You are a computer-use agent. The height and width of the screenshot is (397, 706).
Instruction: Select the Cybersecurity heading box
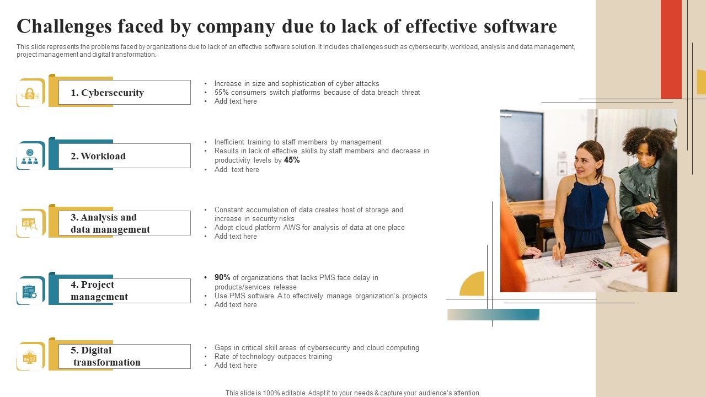point(124,93)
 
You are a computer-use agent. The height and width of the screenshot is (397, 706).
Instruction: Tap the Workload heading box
point(124,156)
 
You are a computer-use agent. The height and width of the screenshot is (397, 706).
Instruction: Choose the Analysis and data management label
point(110,223)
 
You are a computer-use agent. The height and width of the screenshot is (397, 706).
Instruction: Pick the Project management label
point(99,291)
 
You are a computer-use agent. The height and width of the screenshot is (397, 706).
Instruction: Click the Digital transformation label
point(106,356)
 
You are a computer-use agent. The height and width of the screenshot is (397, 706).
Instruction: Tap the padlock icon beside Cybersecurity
point(30,93)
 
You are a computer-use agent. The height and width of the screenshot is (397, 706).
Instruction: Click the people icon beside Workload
point(30,156)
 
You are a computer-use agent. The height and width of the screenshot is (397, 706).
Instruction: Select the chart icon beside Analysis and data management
point(30,223)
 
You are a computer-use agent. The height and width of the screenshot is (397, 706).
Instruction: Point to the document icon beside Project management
point(30,291)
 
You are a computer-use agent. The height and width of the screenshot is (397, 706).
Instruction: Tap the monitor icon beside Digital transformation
point(30,357)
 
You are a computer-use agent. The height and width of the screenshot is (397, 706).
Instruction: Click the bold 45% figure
point(292,160)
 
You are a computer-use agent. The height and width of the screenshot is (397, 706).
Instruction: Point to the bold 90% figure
point(222,277)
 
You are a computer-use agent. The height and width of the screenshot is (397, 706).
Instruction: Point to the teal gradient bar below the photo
point(493,314)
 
